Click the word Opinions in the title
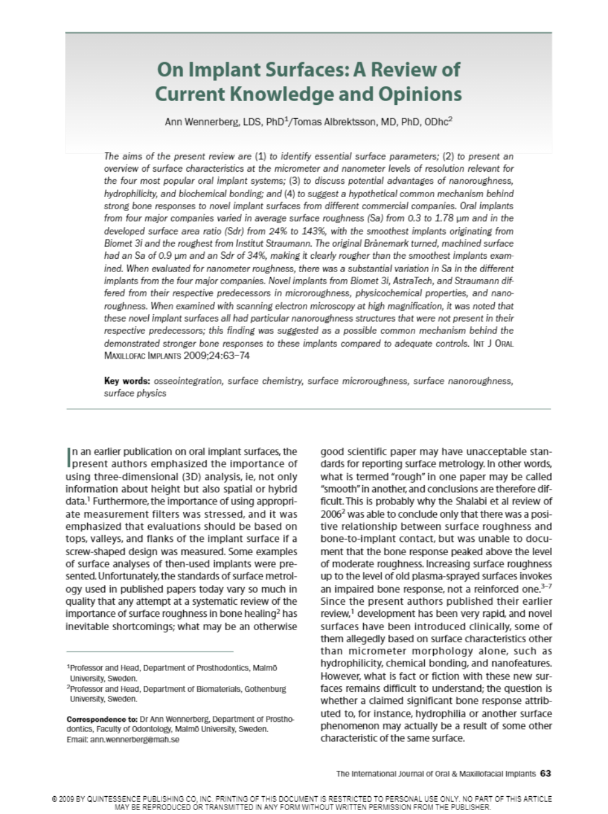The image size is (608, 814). [420, 94]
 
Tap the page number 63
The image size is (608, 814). [545, 773]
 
